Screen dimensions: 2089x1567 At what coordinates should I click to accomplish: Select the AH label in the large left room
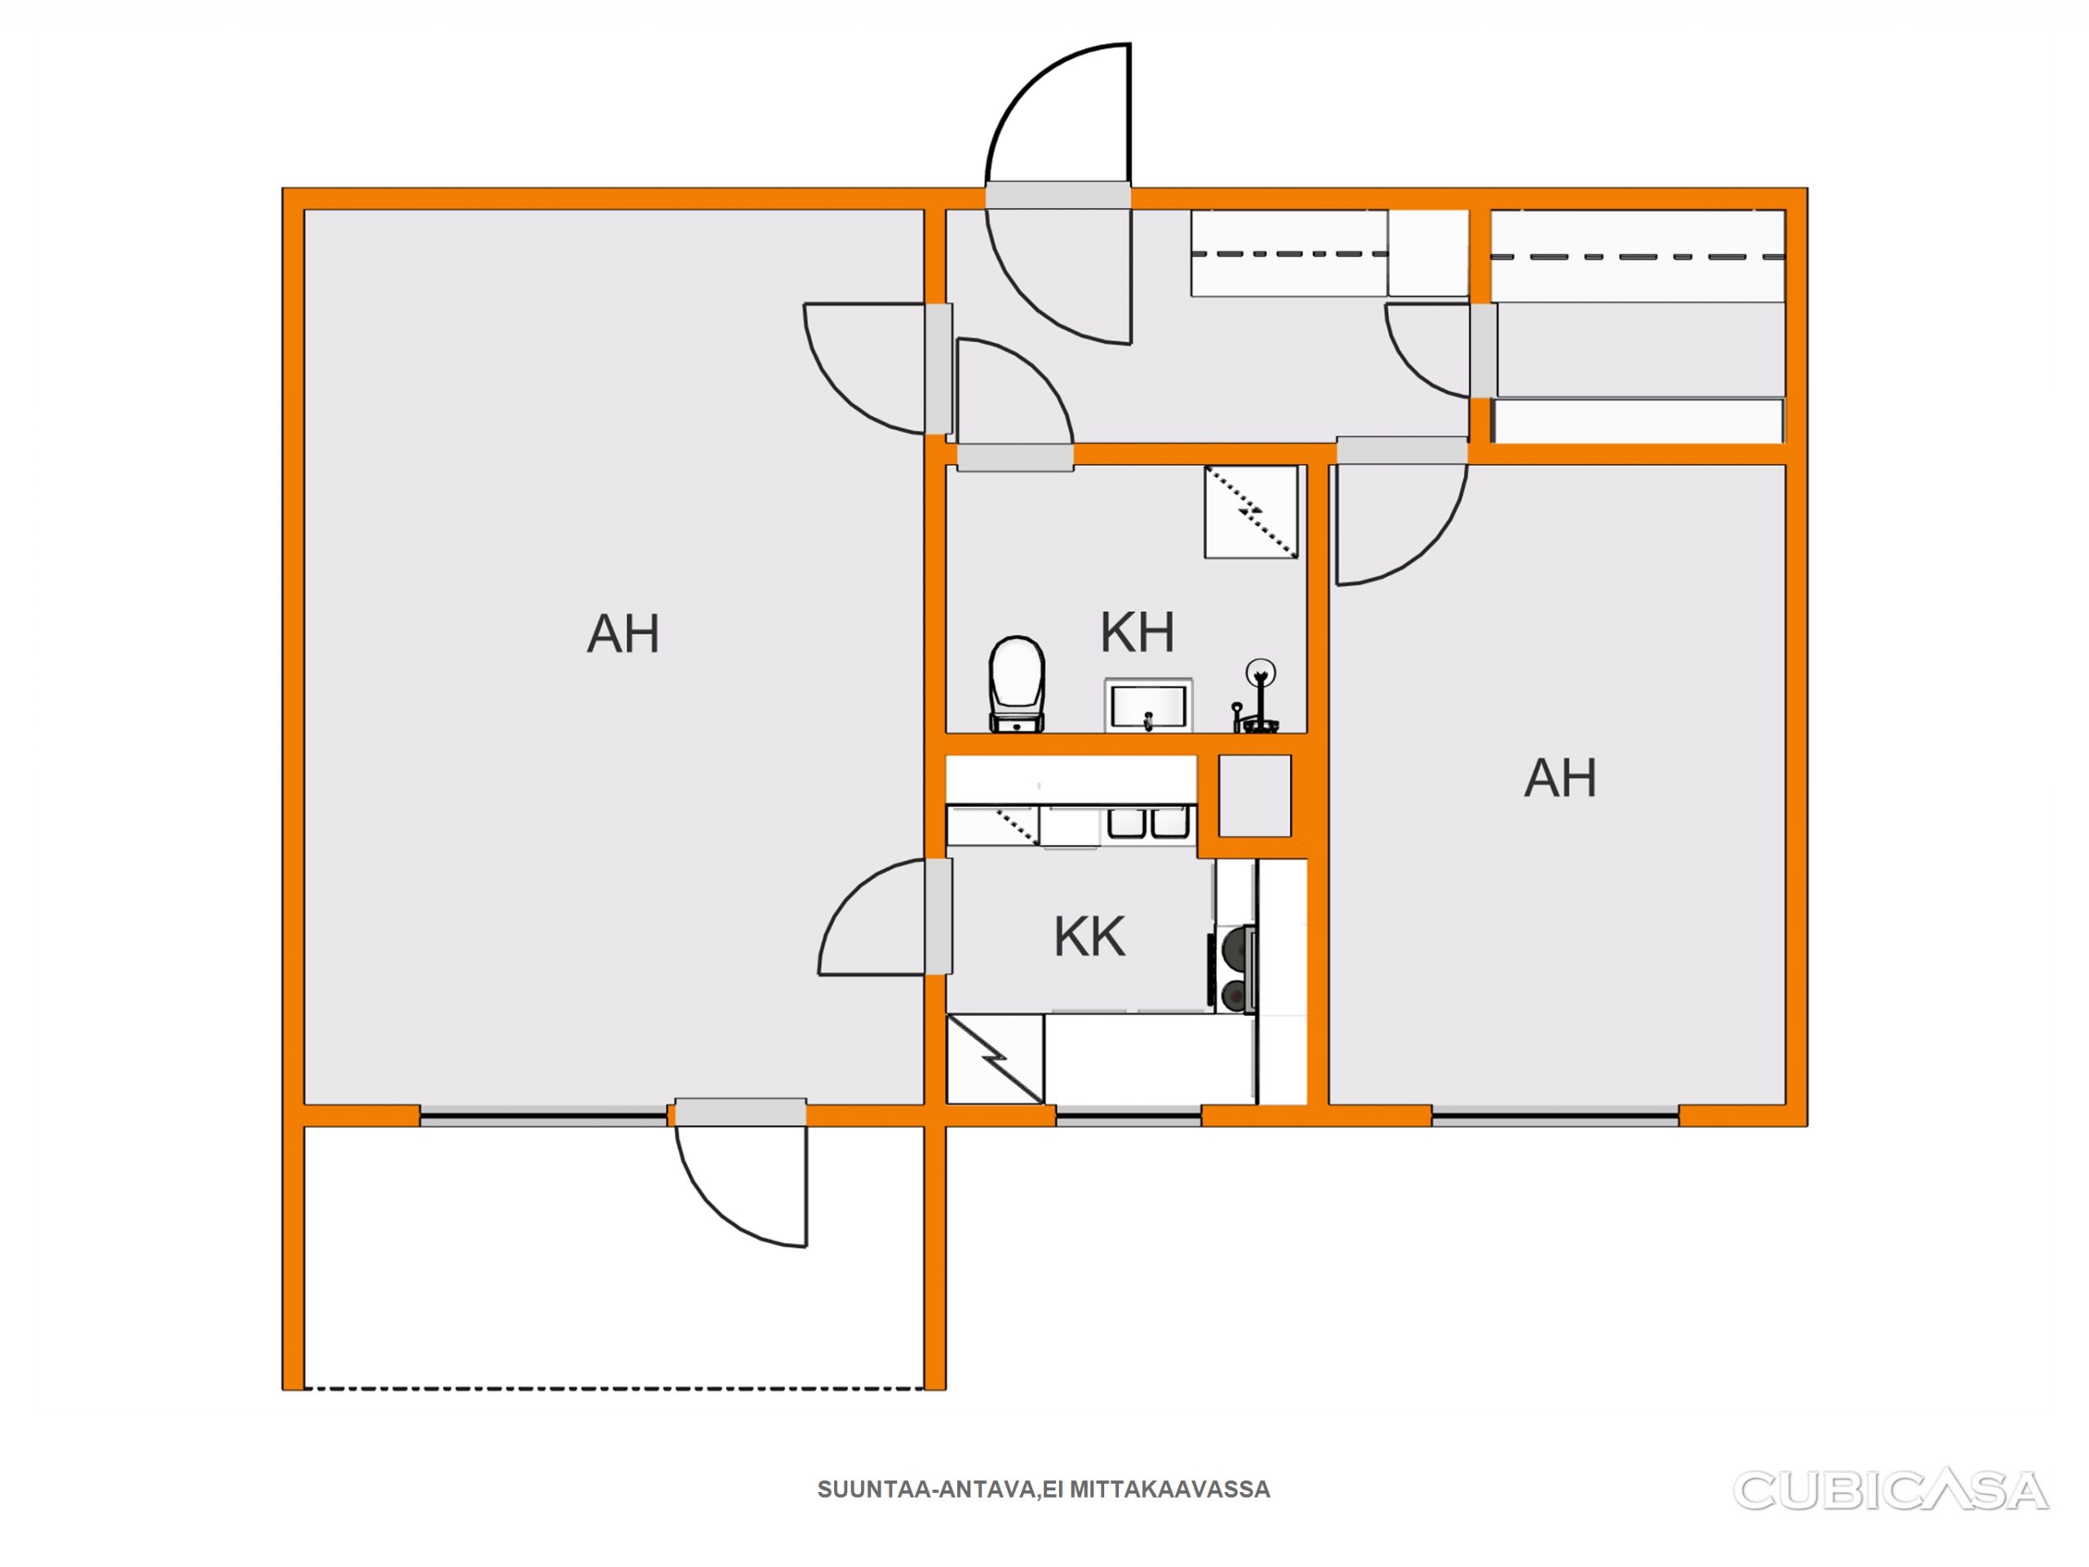623,634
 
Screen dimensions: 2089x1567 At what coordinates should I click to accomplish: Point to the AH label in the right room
1560,779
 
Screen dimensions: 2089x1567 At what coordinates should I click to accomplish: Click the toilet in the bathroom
1016,684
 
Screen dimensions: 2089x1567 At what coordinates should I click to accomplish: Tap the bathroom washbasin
1148,704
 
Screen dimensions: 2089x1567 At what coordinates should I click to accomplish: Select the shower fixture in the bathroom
1257,697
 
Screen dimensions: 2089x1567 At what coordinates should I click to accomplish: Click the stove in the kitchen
1235,970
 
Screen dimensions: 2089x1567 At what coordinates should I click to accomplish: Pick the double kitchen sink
1147,823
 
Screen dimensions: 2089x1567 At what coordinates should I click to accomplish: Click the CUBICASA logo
1891,1490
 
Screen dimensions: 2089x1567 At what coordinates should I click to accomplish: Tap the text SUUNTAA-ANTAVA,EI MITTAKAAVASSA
1044,1489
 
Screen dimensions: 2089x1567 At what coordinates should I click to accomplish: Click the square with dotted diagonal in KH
1251,512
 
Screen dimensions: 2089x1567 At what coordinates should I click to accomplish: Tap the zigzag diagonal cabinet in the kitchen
996,1059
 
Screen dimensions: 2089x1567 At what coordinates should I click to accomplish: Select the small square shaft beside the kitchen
1255,795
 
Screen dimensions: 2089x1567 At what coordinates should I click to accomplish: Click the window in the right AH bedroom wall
1555,1118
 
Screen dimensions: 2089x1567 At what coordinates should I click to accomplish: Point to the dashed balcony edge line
614,1388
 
